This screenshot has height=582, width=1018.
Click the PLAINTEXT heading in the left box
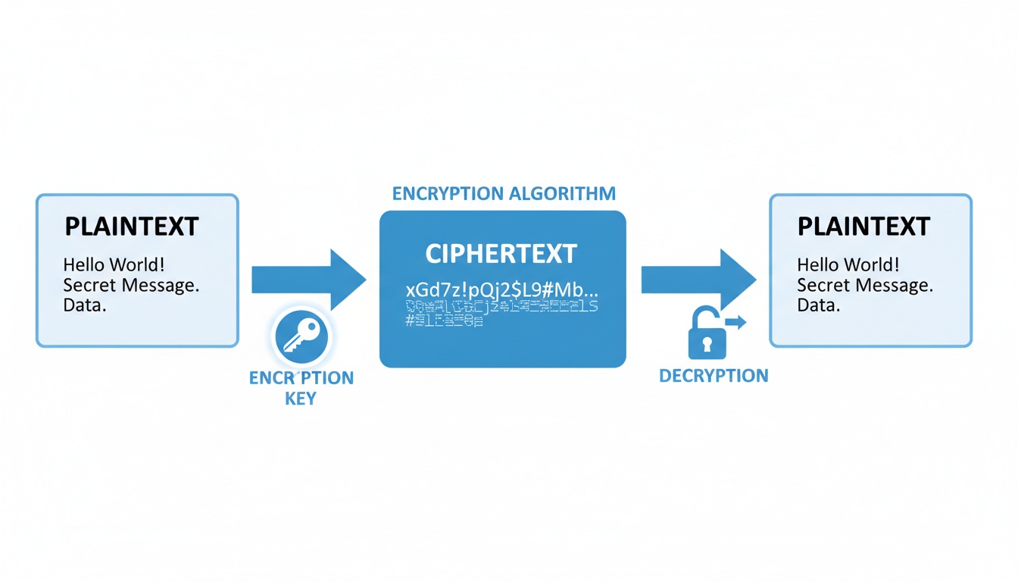tap(132, 227)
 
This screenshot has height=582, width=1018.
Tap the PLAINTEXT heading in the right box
tap(863, 227)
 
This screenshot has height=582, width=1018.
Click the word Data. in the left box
tap(85, 306)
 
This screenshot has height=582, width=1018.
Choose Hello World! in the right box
tap(848, 265)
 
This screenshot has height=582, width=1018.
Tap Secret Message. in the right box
tap(865, 286)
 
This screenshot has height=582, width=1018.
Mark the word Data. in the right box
tap(819, 306)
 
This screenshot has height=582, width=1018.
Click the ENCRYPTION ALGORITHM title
tap(503, 193)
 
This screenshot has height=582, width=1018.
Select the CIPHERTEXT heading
tap(501, 254)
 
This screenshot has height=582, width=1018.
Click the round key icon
tap(300, 338)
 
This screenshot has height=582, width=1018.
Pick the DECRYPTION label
tap(714, 375)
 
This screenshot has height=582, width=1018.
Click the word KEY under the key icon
tap(301, 398)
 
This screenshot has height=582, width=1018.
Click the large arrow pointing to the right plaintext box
tap(698, 280)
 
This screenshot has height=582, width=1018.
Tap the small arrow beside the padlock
tap(736, 323)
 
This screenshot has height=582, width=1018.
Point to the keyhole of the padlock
tap(707, 344)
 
